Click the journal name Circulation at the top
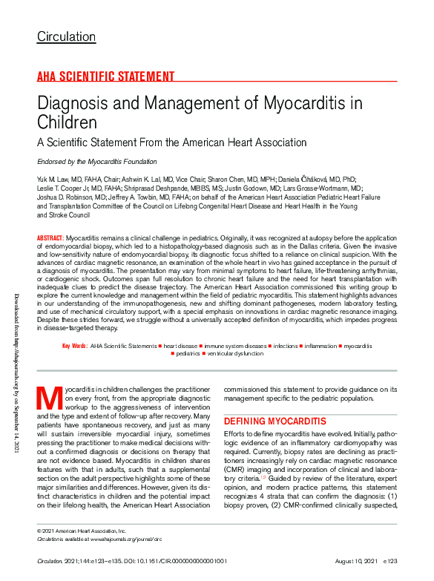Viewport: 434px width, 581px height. pyautogui.click(x=66, y=36)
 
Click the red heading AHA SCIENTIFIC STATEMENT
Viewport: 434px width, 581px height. pyautogui.click(x=105, y=76)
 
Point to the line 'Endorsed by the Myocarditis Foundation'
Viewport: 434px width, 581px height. pyautogui.click(x=96, y=161)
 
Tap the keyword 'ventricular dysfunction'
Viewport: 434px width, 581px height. pyautogui.click(x=235, y=354)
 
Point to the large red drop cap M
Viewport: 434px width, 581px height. pyautogui.click(x=48, y=399)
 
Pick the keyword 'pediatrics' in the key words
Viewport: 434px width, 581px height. pyautogui.click(x=189, y=354)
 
